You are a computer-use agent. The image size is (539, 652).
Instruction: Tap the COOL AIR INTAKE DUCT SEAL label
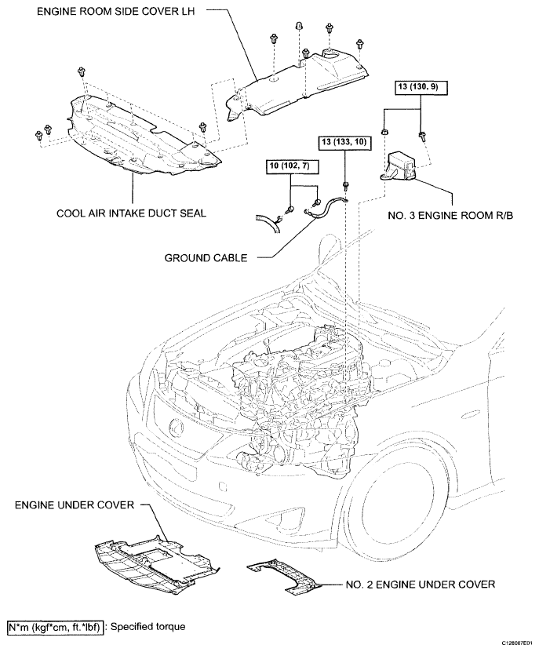[x=131, y=213]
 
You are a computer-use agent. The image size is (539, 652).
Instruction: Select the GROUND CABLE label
[x=206, y=257]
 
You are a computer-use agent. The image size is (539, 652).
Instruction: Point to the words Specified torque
[x=149, y=627]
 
